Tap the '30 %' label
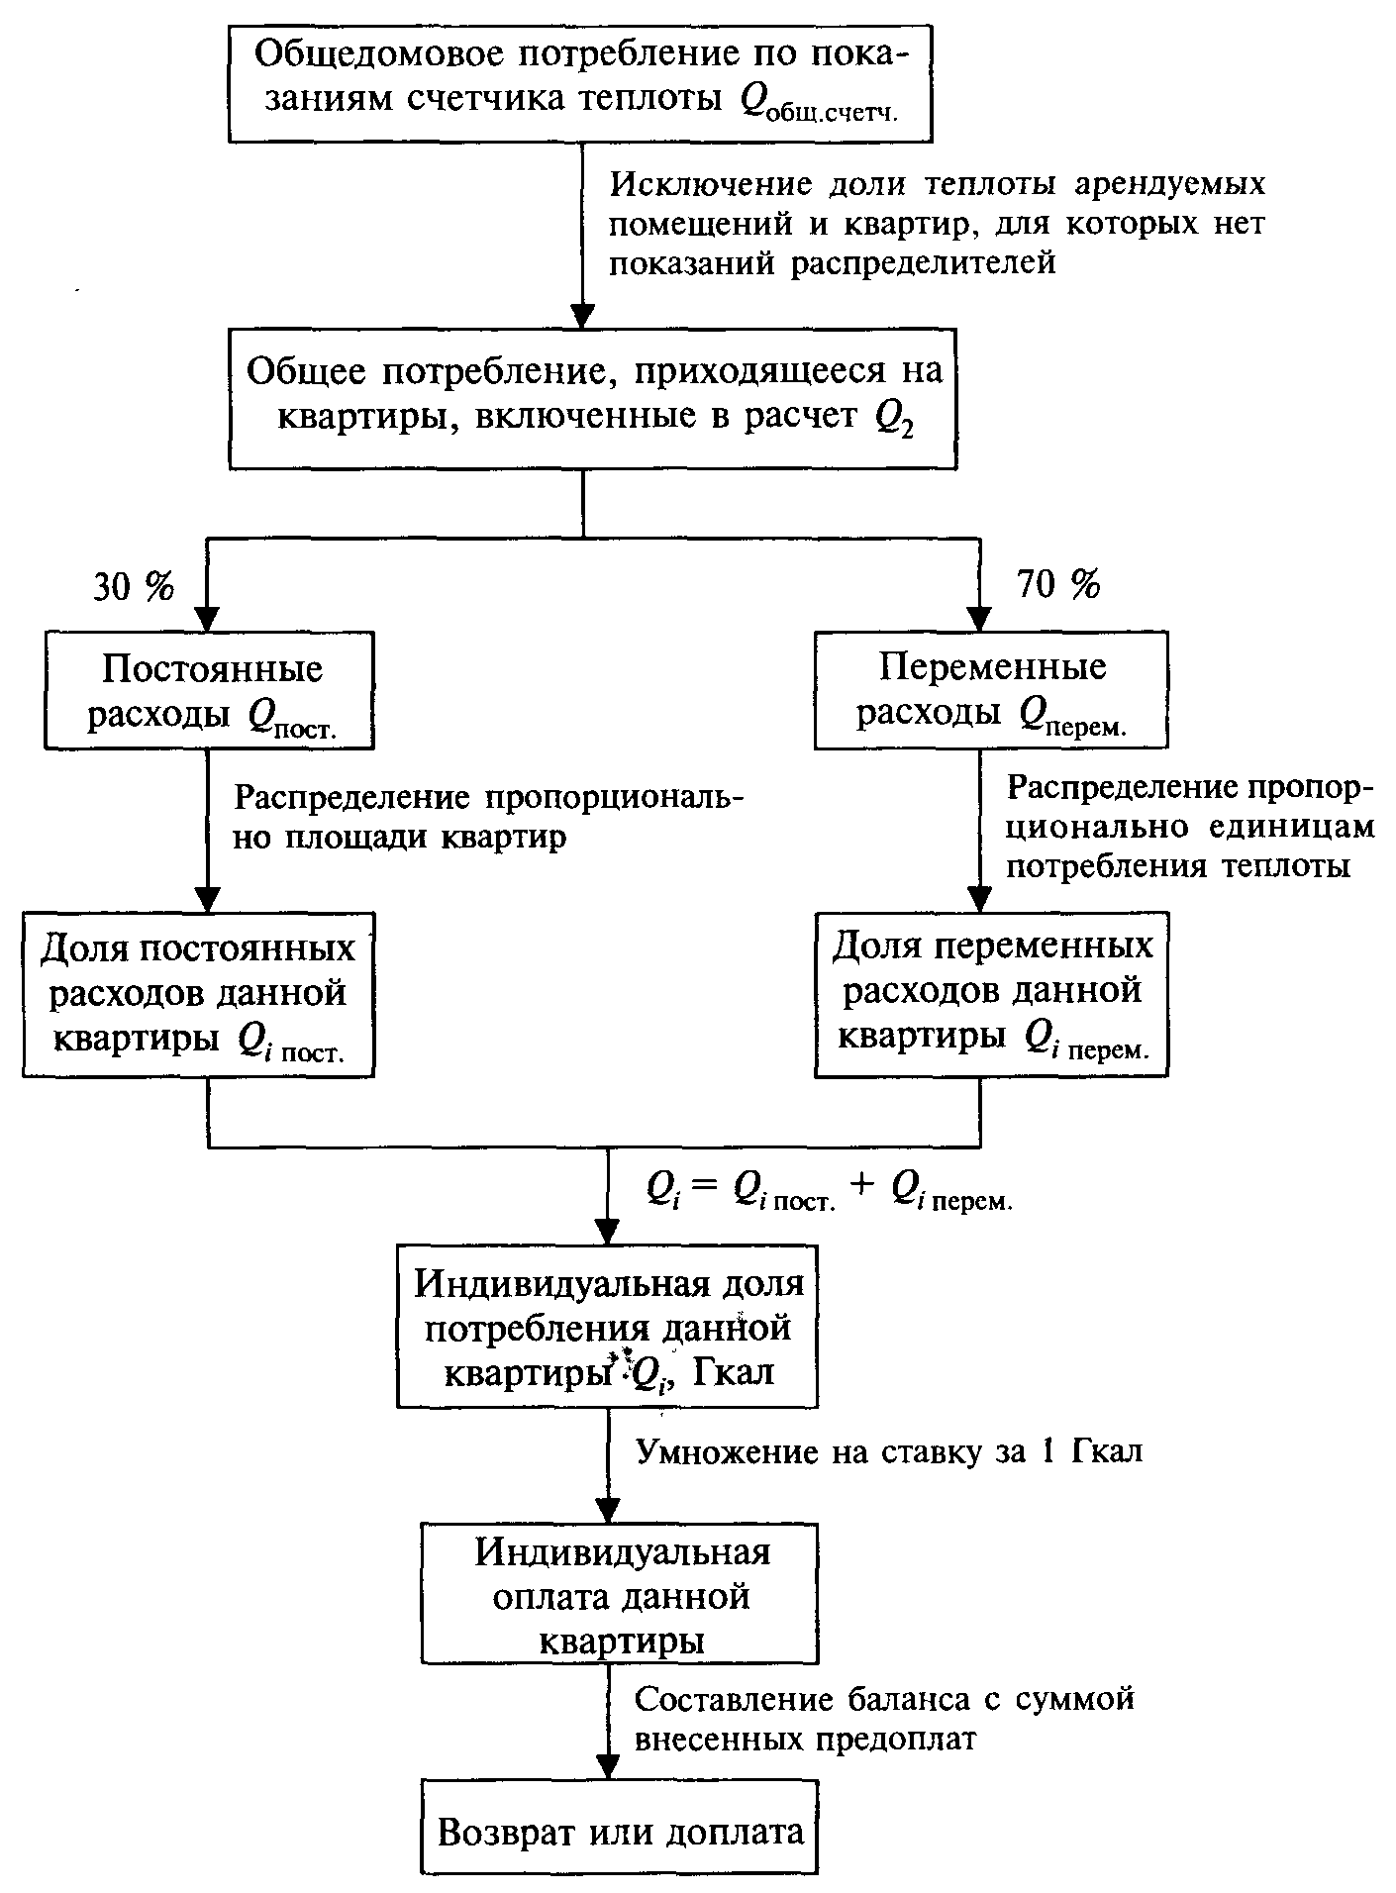click(133, 588)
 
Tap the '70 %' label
click(1058, 586)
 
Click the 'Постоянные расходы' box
click(209, 690)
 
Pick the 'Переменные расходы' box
click(991, 688)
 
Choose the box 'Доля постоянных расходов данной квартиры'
click(199, 993)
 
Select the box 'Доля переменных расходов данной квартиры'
click(991, 993)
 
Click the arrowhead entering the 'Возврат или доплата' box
click(607, 1766)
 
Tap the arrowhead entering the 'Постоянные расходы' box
click(208, 619)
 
